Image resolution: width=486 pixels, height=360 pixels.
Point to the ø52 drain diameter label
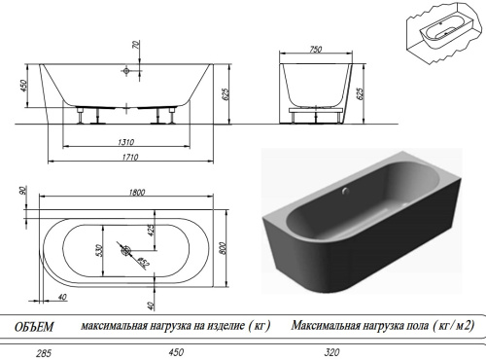tap(143, 260)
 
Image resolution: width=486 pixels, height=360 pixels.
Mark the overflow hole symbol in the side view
tap(128, 71)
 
